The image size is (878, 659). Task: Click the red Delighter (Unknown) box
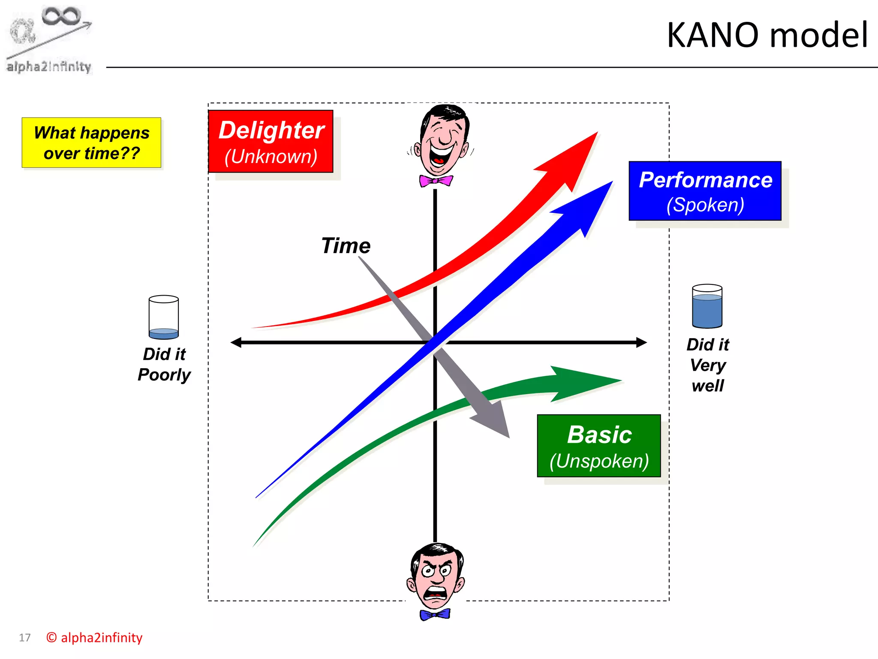click(271, 142)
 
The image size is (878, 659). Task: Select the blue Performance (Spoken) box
click(705, 191)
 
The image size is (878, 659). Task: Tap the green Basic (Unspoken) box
click(599, 446)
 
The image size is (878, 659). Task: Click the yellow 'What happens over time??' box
click(91, 142)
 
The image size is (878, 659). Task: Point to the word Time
click(346, 246)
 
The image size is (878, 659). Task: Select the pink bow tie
click(436, 181)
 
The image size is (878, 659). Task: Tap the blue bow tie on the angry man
click(435, 614)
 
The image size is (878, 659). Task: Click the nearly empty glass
click(163, 317)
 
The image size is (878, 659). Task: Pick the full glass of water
click(707, 306)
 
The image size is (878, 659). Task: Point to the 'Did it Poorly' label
click(164, 364)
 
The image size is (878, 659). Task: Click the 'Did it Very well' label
click(707, 365)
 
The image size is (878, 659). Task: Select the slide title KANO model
click(767, 35)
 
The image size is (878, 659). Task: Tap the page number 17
click(25, 638)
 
